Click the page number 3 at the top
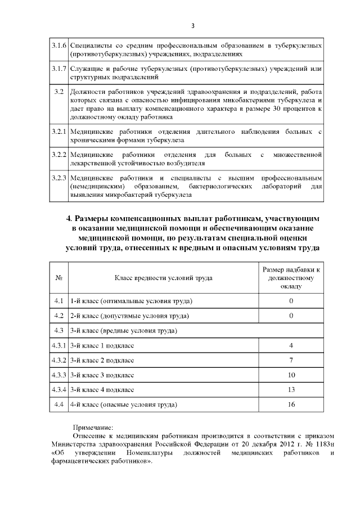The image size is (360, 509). point(193,26)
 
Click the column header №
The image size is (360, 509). point(58,277)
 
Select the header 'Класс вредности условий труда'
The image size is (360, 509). point(164,277)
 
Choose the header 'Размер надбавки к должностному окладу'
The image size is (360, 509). point(291,277)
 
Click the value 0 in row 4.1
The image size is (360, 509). point(291,301)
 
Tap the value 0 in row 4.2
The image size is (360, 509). point(291,316)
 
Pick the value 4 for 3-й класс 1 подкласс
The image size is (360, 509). point(291,345)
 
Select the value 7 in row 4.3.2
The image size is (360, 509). point(291,359)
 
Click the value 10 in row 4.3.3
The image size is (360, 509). point(291,375)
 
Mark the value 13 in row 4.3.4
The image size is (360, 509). point(291,389)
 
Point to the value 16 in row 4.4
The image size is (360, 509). point(291,404)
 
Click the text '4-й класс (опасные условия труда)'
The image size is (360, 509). point(123,404)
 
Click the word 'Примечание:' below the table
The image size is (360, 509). point(93,426)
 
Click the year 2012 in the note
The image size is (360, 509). point(273,443)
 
